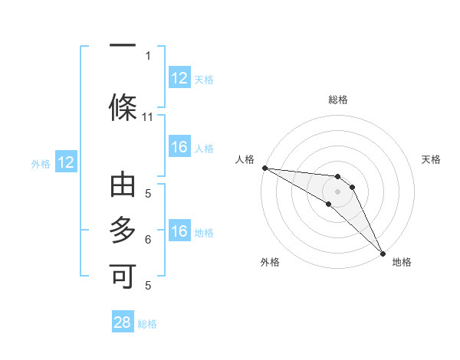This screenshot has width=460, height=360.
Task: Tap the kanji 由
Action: (x=123, y=186)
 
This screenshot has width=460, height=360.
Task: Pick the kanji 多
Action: (x=123, y=230)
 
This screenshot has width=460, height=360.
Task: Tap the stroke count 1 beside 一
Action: (x=147, y=56)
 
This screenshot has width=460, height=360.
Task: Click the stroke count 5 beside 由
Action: (x=147, y=194)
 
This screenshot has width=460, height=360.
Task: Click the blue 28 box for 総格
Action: (x=123, y=322)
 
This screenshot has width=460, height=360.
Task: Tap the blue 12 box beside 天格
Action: (x=179, y=78)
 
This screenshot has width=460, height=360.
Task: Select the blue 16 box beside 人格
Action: (x=179, y=147)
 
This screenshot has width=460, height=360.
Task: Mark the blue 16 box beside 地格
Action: (x=179, y=231)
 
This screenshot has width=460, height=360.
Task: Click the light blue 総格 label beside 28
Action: (x=147, y=324)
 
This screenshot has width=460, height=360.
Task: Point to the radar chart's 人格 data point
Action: (x=264, y=168)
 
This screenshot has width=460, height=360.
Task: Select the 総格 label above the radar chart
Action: (x=337, y=100)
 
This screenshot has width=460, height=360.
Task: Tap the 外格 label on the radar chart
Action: (x=269, y=263)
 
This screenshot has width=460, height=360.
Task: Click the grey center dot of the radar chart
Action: (x=337, y=191)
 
